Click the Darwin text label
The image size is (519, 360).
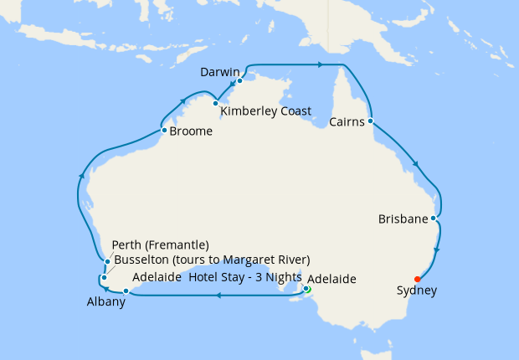click(x=220, y=73)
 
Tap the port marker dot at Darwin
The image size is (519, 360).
click(x=239, y=81)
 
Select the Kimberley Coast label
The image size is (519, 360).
click(x=265, y=111)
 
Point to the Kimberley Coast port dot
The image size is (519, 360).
click(x=216, y=104)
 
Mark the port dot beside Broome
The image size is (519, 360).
click(x=164, y=130)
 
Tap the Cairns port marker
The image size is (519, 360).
click(x=369, y=121)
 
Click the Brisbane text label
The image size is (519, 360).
click(x=403, y=219)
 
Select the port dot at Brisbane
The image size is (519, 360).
click(x=433, y=219)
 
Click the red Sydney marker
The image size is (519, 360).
click(x=417, y=279)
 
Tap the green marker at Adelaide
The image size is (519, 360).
click(x=306, y=290)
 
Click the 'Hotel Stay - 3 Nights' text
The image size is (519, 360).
click(x=245, y=278)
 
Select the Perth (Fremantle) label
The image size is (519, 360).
click(x=160, y=245)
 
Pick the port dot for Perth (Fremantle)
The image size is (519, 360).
click(x=108, y=262)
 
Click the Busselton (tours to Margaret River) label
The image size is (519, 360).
click(x=211, y=259)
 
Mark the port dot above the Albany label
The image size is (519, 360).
click(x=126, y=291)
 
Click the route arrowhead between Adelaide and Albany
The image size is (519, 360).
click(x=218, y=295)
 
